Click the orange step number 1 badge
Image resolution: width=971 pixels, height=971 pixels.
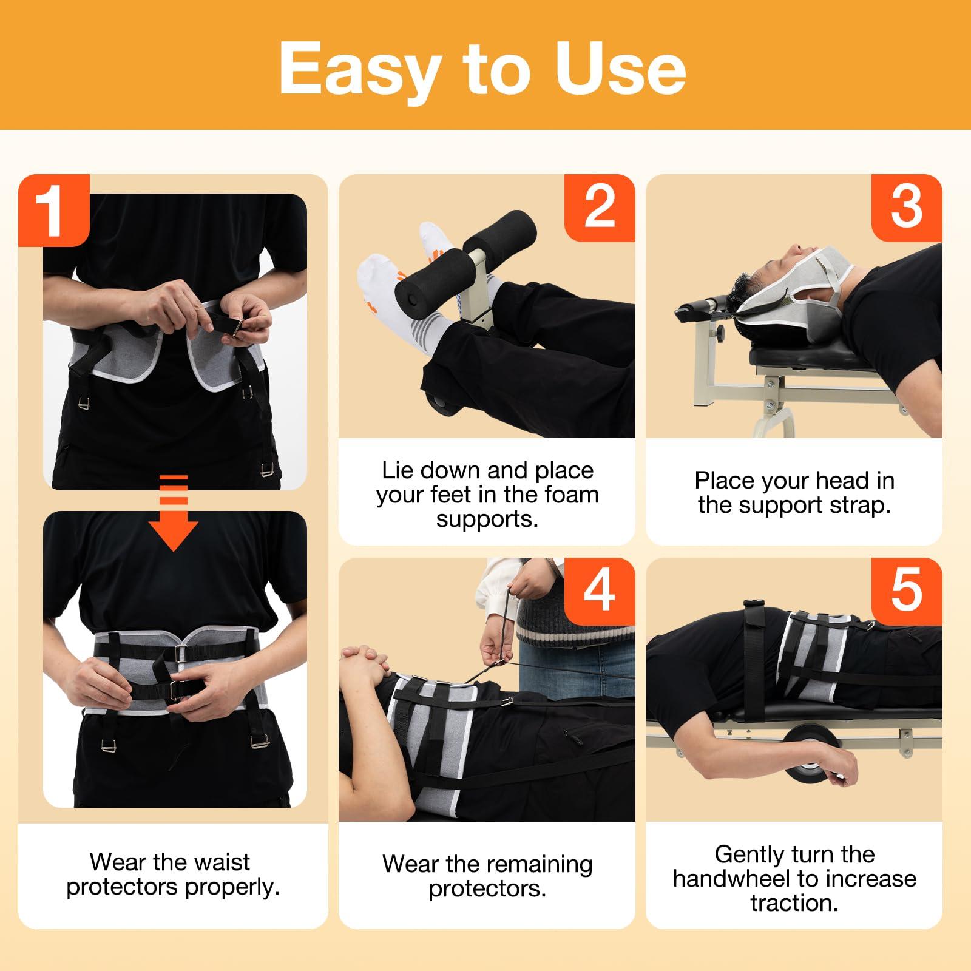(x=53, y=210)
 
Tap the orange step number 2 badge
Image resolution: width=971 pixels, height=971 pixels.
(x=600, y=208)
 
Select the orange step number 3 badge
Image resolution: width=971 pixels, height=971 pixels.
(x=907, y=208)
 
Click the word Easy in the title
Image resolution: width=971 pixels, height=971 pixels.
(x=358, y=70)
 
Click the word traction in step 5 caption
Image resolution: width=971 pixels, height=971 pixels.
(x=794, y=903)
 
